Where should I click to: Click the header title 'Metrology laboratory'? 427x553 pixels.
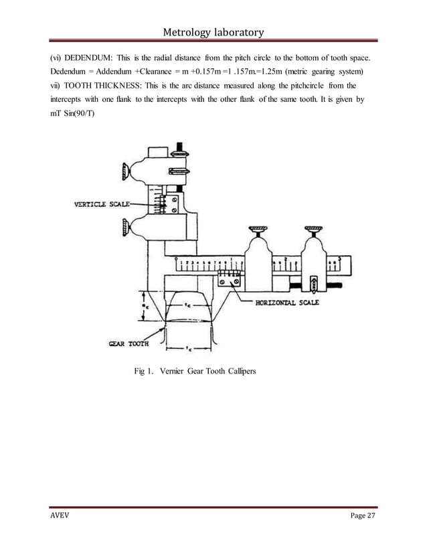[x=213, y=32]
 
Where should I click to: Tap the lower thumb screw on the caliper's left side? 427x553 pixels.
[x=126, y=229]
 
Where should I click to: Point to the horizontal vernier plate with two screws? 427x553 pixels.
[x=229, y=279]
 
